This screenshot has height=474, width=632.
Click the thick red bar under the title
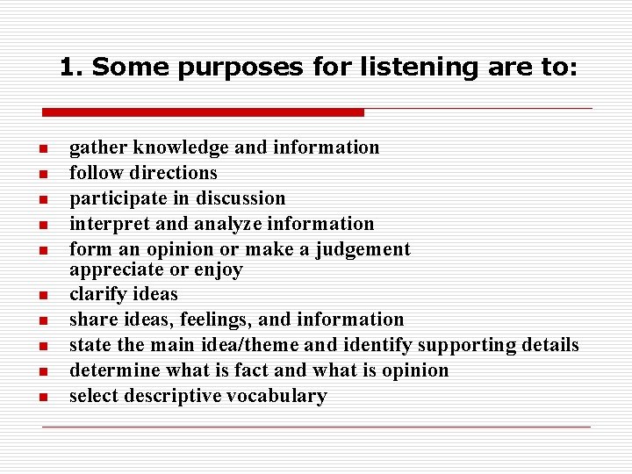203,112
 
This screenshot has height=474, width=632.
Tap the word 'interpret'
104,224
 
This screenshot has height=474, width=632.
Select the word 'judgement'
362,249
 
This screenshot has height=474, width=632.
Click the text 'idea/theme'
244,345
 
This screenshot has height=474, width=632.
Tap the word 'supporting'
465,345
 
